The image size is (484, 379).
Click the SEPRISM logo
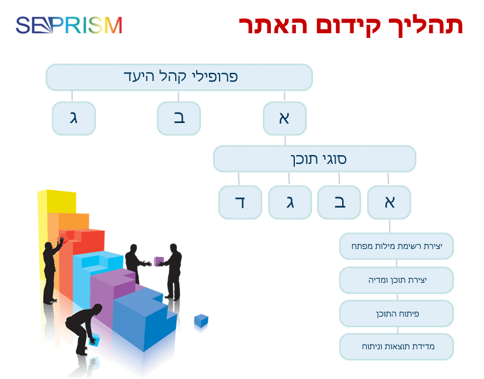[69, 25]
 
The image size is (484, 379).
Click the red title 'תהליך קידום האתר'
[351, 25]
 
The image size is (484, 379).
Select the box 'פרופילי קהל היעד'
[179, 77]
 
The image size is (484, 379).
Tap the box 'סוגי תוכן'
[315, 159]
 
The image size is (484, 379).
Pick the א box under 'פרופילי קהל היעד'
[284, 118]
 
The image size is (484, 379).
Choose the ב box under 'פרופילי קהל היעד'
[179, 118]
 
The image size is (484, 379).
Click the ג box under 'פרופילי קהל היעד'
[74, 118]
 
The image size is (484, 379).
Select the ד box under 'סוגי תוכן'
[240, 202]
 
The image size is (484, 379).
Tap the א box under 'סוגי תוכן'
[389, 202]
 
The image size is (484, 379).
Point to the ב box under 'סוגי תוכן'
[339, 202]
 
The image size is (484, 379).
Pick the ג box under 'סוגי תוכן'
[290, 202]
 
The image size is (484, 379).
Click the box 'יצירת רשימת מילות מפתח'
[396, 246]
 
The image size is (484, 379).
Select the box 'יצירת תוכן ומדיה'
[396, 280]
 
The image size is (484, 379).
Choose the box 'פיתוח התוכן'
[396, 314]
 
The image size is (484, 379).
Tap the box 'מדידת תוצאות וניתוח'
[396, 346]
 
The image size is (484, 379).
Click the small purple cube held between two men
[159, 261]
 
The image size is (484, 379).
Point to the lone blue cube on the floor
[201, 321]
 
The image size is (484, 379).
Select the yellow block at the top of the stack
[57, 201]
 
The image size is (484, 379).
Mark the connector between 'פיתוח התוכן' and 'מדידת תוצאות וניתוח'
[398, 330]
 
